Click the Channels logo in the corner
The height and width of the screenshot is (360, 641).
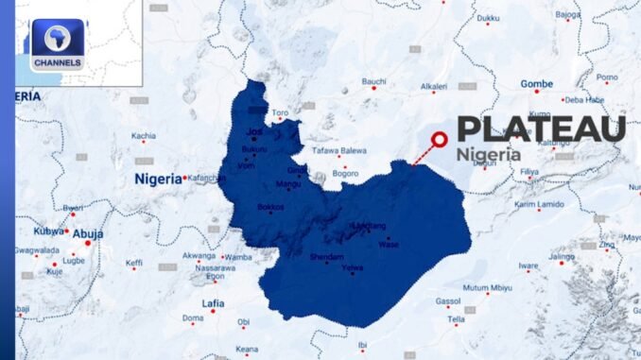(x=57, y=44)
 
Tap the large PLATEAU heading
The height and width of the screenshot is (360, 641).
(x=541, y=129)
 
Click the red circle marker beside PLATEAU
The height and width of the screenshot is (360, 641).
(x=439, y=141)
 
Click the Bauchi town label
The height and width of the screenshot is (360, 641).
(x=374, y=81)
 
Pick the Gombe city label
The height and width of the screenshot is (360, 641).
(x=536, y=83)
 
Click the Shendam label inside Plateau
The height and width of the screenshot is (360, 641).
(x=326, y=256)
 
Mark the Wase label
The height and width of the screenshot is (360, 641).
(x=388, y=243)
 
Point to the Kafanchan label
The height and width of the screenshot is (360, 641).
(x=207, y=178)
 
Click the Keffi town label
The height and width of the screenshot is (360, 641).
(x=134, y=263)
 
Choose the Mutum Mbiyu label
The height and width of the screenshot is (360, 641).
(x=488, y=287)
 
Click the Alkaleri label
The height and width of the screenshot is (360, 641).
(x=433, y=86)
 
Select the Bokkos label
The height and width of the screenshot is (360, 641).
(x=270, y=206)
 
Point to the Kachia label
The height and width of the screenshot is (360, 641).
(x=144, y=136)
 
